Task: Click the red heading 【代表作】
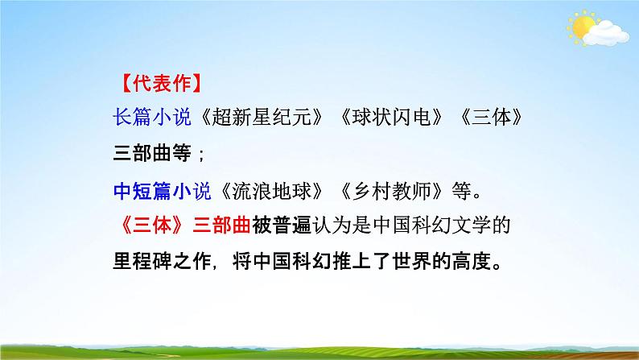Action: click(x=159, y=83)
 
